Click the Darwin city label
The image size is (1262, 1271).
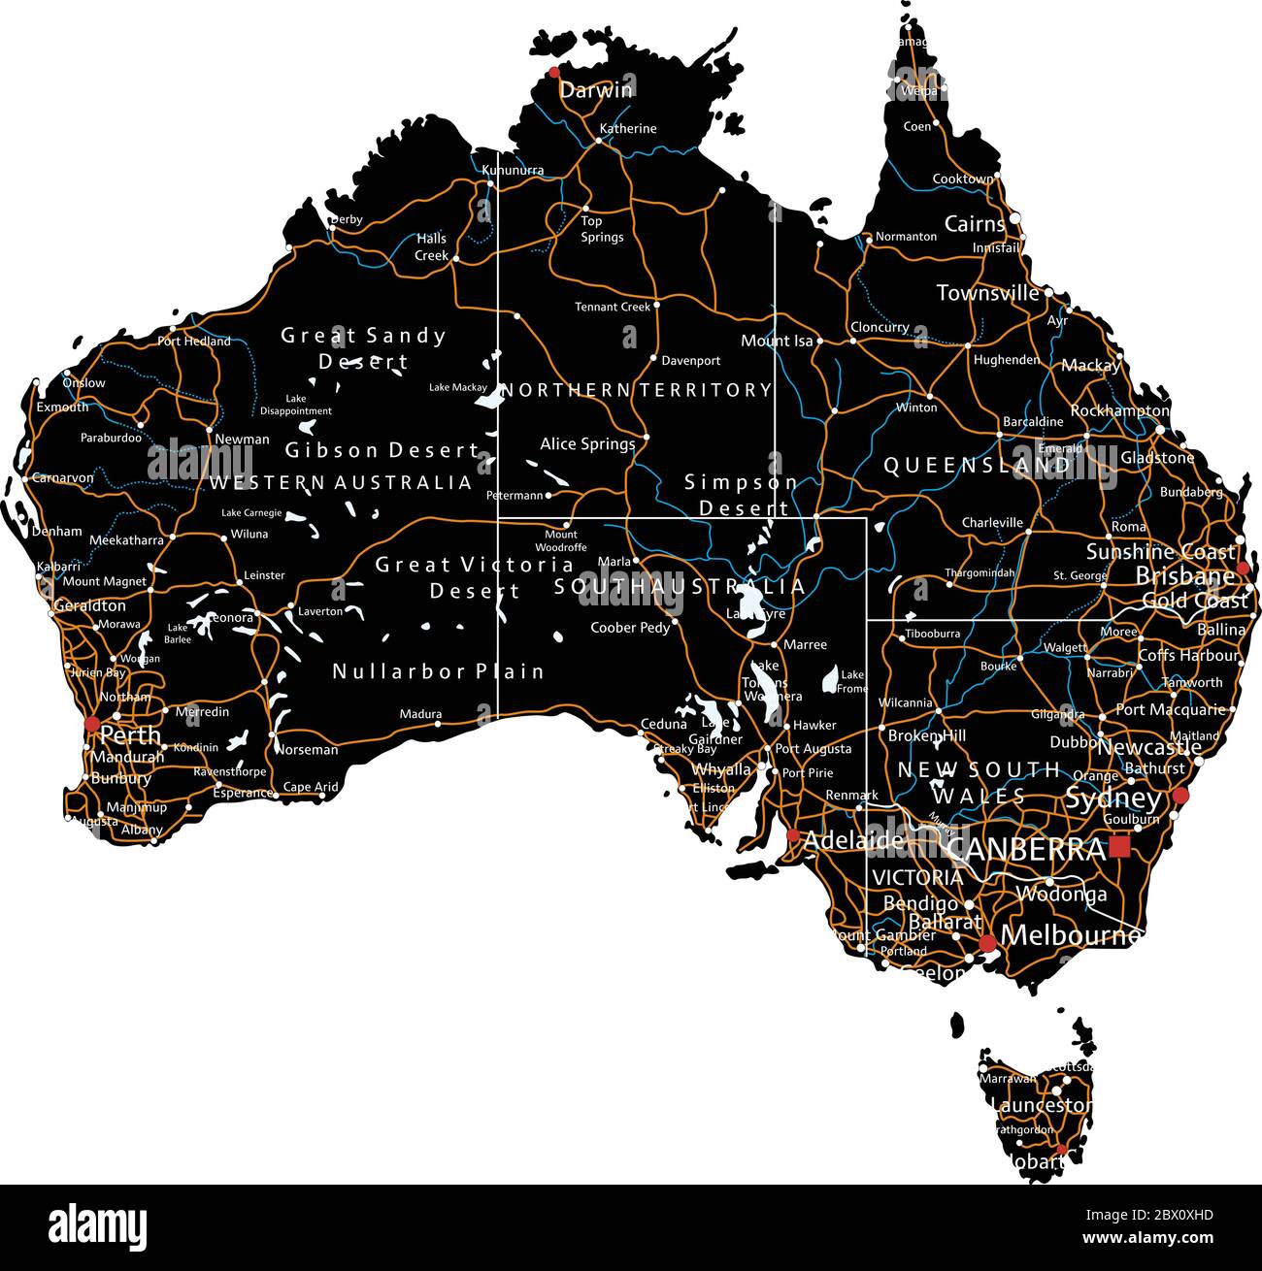coord(596,90)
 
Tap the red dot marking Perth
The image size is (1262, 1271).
coord(92,724)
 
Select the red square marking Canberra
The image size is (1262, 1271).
coord(1119,847)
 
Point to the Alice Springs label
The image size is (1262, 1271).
coord(587,444)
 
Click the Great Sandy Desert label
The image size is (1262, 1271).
coord(363,348)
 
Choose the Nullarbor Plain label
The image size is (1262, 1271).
coord(438,671)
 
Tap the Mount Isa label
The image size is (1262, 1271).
coord(777,341)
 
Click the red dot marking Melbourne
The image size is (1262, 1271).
coord(987,943)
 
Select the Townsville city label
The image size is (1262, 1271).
coord(987,293)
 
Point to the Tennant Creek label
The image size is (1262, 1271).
coord(613,307)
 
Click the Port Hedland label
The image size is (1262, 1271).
coord(194,342)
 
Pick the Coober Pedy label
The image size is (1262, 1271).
coord(630,628)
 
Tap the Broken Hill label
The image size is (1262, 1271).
coord(926,736)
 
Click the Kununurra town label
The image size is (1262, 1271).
coord(513,171)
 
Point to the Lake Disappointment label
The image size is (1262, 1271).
coord(296,405)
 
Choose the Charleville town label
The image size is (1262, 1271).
coord(992,523)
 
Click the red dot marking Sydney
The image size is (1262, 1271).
coord(1180,797)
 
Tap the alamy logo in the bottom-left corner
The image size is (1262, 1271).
coord(97,1227)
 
